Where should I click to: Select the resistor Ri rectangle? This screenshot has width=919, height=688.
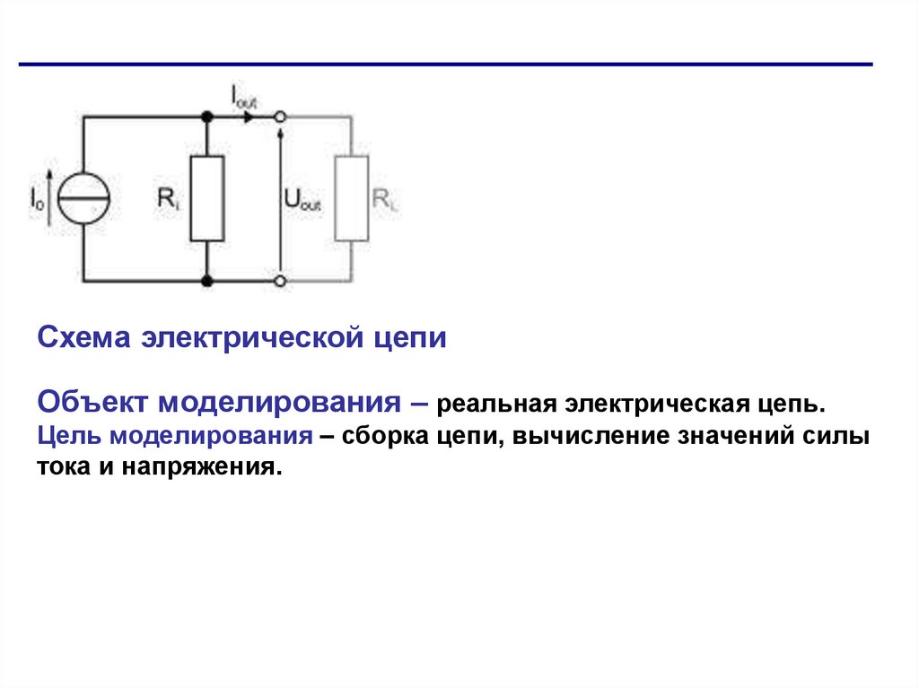207,198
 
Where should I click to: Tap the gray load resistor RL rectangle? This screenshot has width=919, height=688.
352,198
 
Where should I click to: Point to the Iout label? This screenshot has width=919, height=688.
243,97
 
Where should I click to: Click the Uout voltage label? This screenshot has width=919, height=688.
302,200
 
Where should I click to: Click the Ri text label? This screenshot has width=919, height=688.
169,199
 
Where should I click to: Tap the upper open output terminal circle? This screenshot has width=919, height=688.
281,117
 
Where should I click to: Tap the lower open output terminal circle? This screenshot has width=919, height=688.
281,281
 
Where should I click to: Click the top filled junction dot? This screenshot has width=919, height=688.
207,117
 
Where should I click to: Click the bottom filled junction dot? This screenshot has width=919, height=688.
207,281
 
